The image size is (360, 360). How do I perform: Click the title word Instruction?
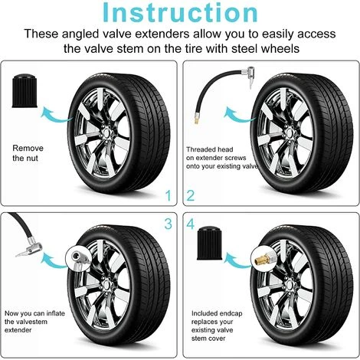coord(180,13)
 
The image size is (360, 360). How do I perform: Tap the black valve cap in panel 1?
coord(25,91)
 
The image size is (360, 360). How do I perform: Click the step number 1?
coord(168,195)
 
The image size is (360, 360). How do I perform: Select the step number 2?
coord(191,195)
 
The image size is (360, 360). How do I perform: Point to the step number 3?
coord(169,224)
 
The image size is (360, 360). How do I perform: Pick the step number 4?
coord(191,224)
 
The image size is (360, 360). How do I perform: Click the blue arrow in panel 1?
coord(57,116)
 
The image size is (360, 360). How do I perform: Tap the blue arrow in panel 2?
coord(240,116)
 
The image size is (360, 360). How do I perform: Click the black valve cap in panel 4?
coord(209,243)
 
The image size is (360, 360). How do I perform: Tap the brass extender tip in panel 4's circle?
coord(261,259)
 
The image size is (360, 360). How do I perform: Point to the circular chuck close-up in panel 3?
coord(78,258)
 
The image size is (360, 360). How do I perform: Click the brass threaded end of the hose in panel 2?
coord(196,119)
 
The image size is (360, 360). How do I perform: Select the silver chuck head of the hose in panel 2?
coord(248,74)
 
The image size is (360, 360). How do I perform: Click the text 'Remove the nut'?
coord(28,153)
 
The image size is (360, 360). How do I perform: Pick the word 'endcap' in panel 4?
coord(231,313)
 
